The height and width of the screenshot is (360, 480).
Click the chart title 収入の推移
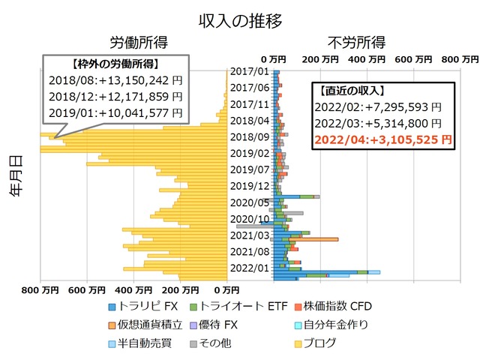(x=240, y=20)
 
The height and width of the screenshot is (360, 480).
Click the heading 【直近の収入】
(x=351, y=91)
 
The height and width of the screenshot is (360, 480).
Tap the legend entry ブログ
(x=319, y=343)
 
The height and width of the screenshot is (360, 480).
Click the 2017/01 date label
(x=249, y=71)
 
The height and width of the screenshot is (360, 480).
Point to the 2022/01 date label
(x=249, y=268)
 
